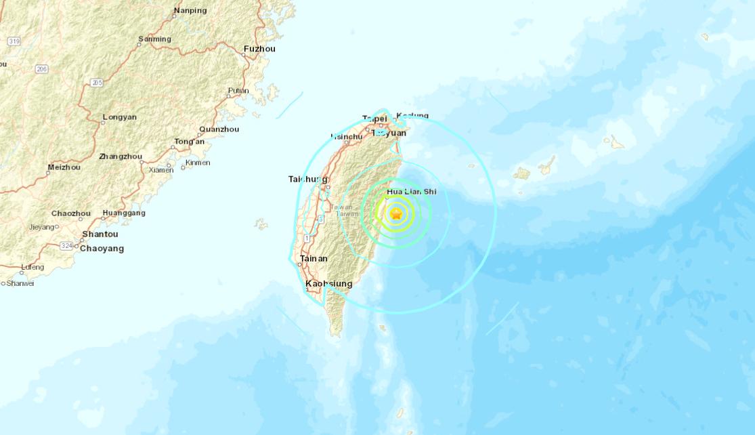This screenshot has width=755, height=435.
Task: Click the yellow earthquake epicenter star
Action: pos(396,214)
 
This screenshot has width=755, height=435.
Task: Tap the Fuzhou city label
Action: pos(259,49)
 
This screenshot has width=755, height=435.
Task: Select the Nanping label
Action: pos(190,10)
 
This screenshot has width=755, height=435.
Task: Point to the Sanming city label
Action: pos(154,39)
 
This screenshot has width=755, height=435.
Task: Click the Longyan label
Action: pos(119,117)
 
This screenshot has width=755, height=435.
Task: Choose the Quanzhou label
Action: pos(219,129)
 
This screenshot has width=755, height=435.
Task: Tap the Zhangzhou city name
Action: pos(121,157)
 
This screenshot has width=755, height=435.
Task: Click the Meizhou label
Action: pos(64,167)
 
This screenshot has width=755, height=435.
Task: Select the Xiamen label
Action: pos(161,170)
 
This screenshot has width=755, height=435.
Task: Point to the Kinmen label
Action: pos(197,163)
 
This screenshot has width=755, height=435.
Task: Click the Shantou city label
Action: pos(100,234)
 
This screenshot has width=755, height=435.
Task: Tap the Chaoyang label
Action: pos(102,249)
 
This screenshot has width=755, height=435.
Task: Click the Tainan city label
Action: pos(314,259)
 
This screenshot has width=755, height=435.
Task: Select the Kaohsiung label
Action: pos(329,285)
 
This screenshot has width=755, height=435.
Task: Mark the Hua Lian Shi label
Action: pos(411,192)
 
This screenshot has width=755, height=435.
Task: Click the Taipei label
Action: pos(374,118)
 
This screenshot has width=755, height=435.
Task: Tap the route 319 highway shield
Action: pos(14,41)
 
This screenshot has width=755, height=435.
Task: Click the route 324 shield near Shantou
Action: pos(66,245)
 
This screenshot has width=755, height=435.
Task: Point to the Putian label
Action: pos(238,91)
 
